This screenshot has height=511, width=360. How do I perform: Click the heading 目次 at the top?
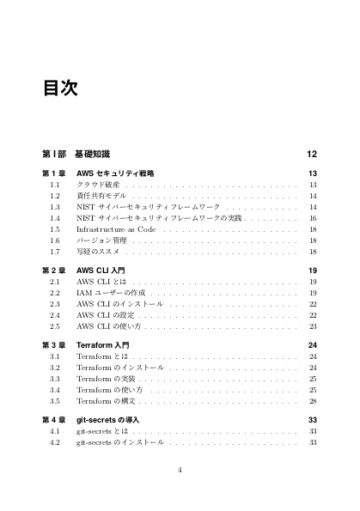tap(60, 88)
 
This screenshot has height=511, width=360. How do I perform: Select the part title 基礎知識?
tap(92, 154)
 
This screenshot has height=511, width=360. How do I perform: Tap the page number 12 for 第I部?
tap(312, 154)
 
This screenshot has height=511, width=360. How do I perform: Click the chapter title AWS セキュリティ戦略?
tap(115, 173)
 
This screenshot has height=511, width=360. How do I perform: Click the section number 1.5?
tap(55, 229)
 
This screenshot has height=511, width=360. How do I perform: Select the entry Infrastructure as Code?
tap(116, 229)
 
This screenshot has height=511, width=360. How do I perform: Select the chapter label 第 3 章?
tap(55, 345)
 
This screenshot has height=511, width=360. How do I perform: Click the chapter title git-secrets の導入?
tap(113, 420)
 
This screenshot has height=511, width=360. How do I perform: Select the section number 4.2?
tap(55, 442)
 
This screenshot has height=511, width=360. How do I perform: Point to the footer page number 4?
tap(180, 470)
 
